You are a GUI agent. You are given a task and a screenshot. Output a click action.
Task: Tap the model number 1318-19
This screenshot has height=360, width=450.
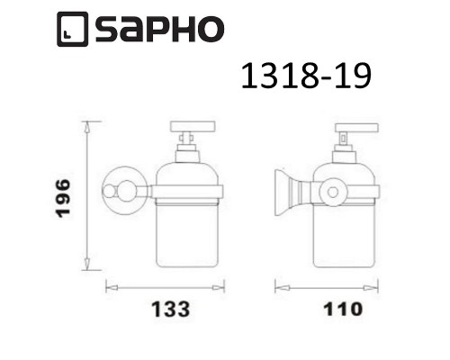click(304, 78)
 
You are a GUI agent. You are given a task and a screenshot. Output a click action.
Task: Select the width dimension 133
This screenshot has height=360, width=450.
click(164, 310)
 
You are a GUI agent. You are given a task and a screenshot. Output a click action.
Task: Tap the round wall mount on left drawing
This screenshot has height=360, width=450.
click(113, 191)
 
